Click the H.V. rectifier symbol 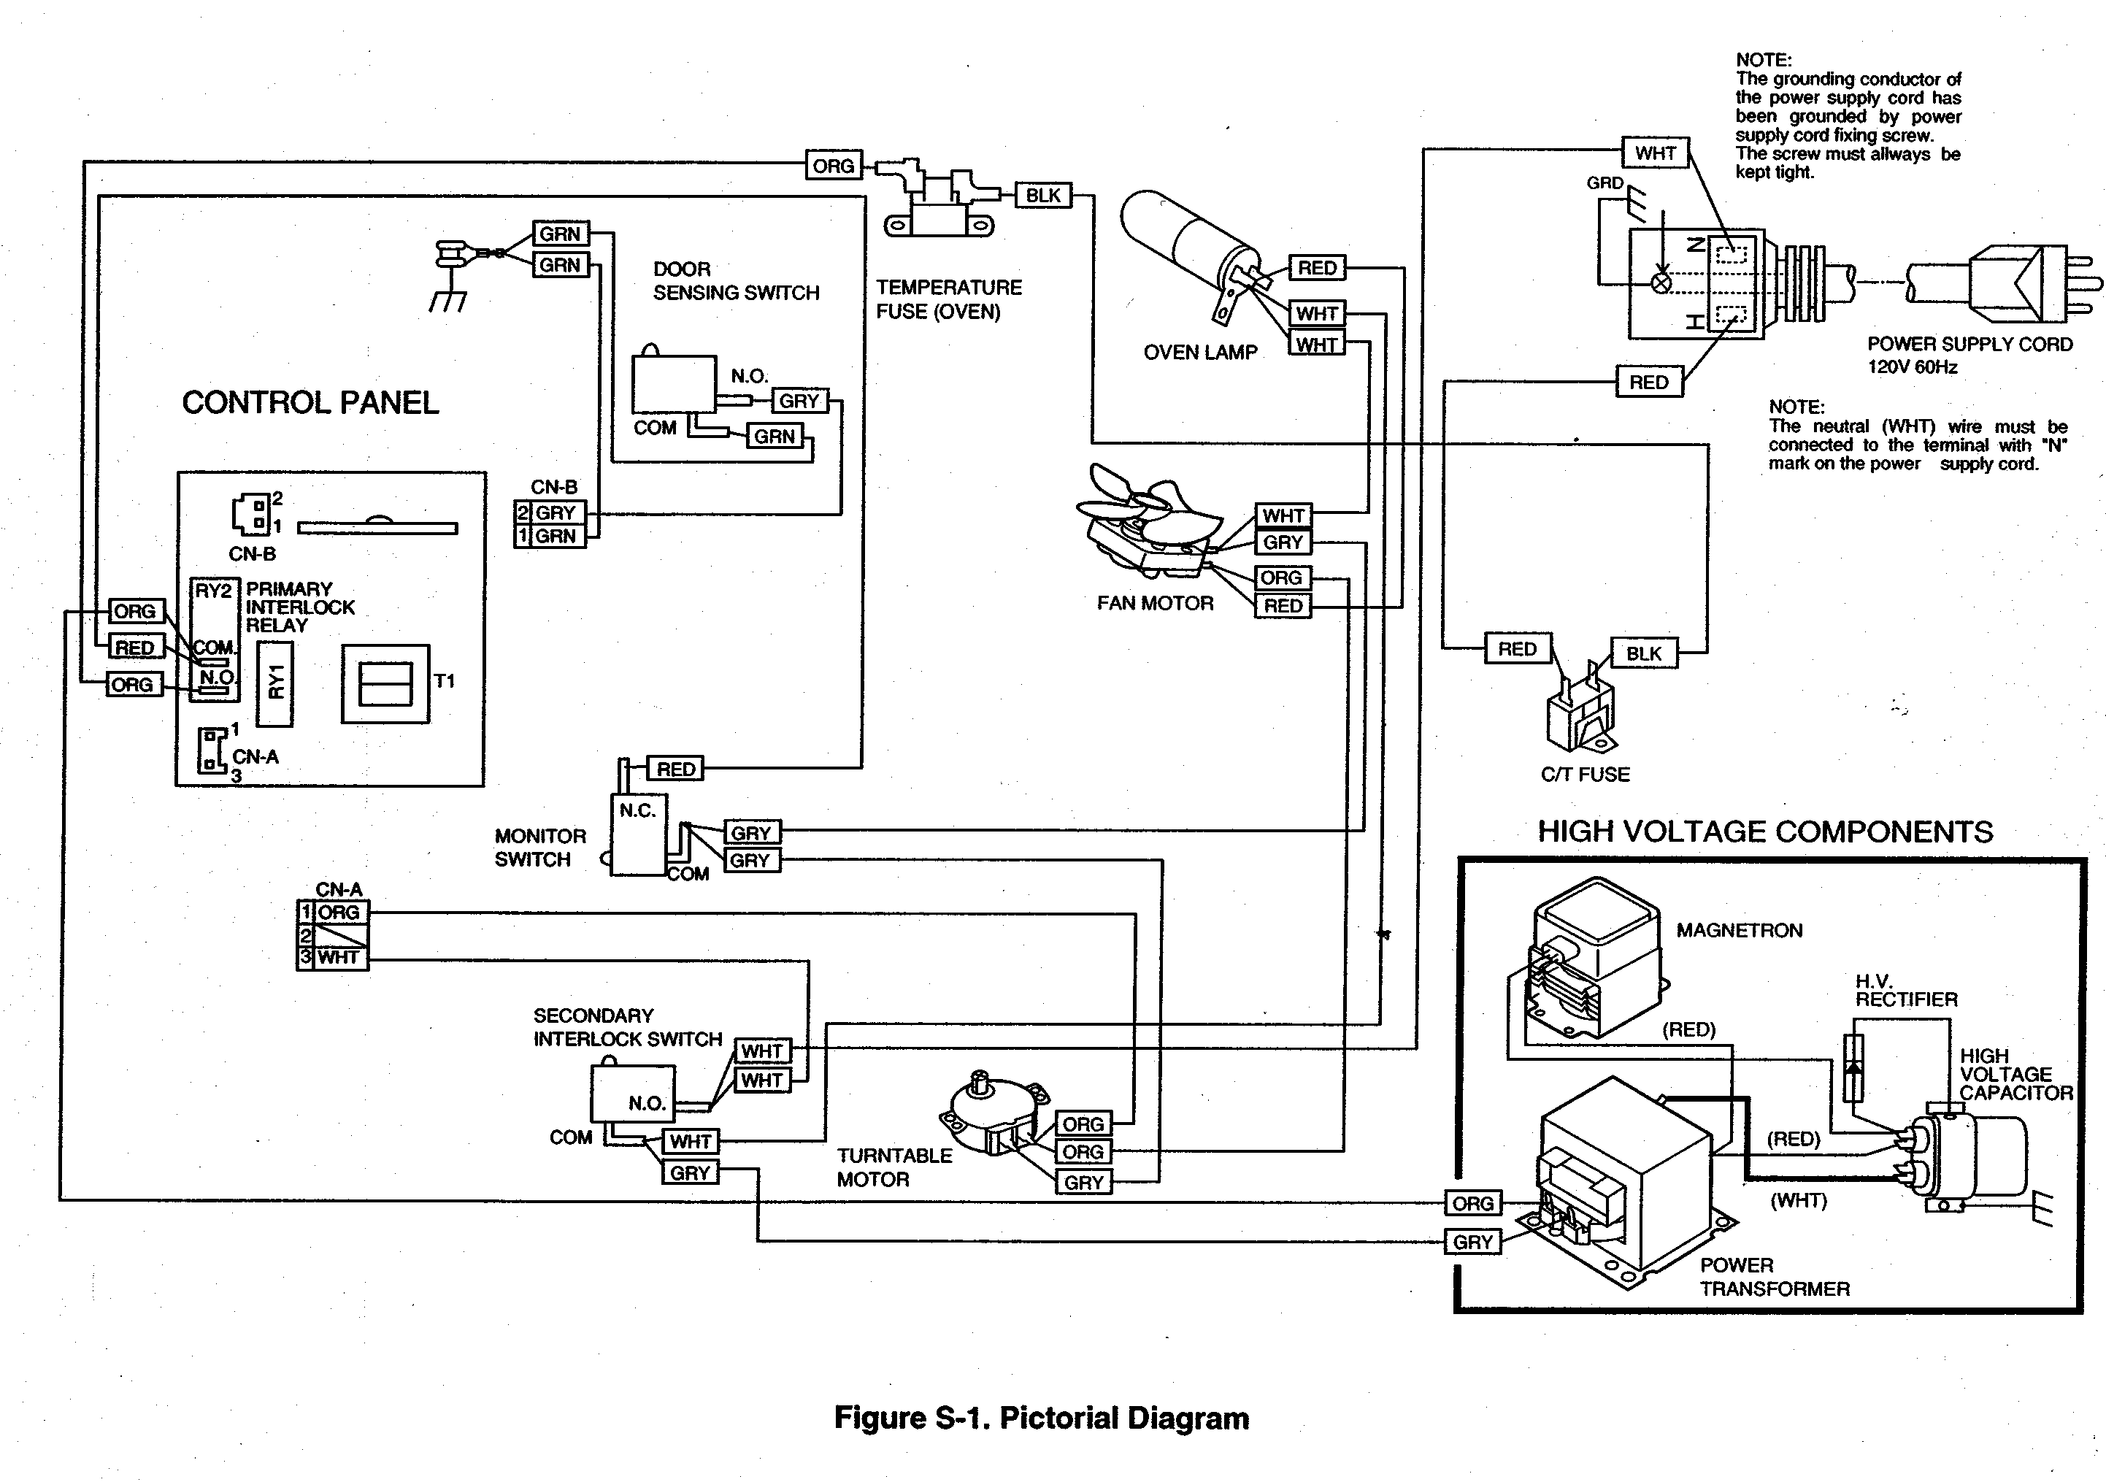(1853, 1067)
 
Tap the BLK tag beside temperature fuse (1043, 196)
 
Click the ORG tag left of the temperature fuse (833, 166)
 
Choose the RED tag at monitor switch (676, 769)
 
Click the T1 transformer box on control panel (385, 683)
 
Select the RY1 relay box (275, 683)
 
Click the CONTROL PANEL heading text (310, 402)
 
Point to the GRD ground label (1605, 183)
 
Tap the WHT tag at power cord (1655, 153)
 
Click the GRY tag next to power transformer (1473, 1242)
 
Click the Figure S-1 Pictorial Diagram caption (1041, 1418)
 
